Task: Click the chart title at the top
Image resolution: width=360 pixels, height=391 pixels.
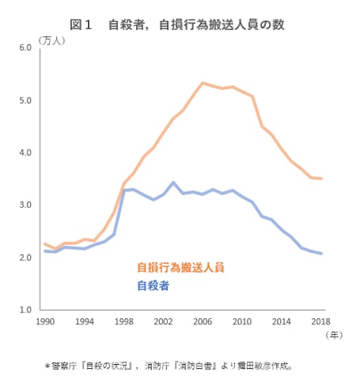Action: coord(181,24)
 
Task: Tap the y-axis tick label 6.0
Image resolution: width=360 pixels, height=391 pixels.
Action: coord(26,48)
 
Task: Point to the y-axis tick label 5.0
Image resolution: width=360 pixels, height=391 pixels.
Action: coord(26,101)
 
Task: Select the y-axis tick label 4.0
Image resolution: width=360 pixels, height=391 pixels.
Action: coord(26,153)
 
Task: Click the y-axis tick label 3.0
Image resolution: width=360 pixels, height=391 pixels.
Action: coord(26,205)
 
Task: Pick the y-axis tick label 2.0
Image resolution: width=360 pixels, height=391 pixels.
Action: coord(26,258)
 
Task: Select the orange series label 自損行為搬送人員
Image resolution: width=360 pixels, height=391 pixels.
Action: coord(181,267)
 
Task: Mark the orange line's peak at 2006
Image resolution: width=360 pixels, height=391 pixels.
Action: coord(203,82)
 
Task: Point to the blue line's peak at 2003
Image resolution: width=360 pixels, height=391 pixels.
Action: coord(173,182)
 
